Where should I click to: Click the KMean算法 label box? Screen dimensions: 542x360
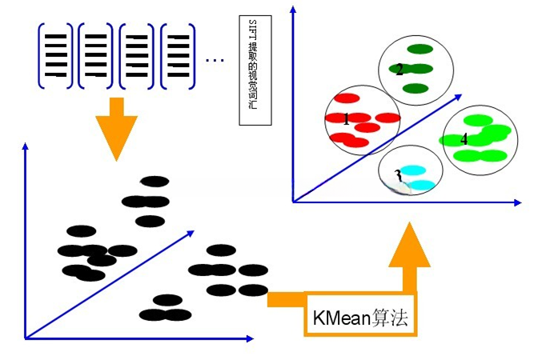pyautogui.click(x=361, y=314)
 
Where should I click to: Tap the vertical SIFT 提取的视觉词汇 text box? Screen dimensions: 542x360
pyautogui.click(x=255, y=70)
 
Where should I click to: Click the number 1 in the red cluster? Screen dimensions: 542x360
pyautogui.click(x=347, y=119)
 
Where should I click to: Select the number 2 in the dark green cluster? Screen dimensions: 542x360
pyautogui.click(x=399, y=70)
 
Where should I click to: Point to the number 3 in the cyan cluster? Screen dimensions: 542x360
pyautogui.click(x=398, y=175)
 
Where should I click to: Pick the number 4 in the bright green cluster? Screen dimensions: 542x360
pyautogui.click(x=464, y=139)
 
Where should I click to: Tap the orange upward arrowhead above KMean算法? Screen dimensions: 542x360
pyautogui.click(x=410, y=244)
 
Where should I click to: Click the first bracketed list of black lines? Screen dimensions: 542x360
pyautogui.click(x=55, y=56)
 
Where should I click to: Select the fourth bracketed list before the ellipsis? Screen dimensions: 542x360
pyautogui.click(x=178, y=56)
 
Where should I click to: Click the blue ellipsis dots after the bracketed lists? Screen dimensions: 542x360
pyautogui.click(x=215, y=60)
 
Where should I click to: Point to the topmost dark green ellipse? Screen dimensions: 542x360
pyautogui.click(x=420, y=49)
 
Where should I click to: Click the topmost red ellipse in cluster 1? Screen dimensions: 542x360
pyautogui.click(x=347, y=98)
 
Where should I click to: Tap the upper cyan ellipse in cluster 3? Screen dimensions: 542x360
pyautogui.click(x=412, y=170)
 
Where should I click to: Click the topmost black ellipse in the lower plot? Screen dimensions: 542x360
pyautogui.click(x=155, y=182)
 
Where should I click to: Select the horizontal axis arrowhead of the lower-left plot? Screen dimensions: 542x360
pyautogui.click(x=250, y=338)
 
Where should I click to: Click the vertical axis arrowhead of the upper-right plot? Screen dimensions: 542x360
pyautogui.click(x=293, y=10)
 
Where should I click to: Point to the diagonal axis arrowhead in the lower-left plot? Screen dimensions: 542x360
pyautogui.click(x=191, y=234)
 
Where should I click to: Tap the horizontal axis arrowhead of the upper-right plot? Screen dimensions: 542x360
pyautogui.click(x=517, y=203)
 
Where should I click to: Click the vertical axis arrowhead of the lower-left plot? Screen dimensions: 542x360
pyautogui.click(x=26, y=146)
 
